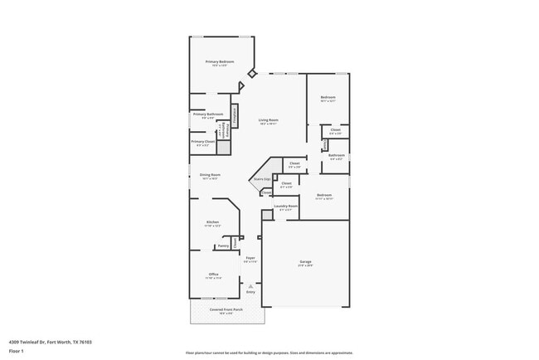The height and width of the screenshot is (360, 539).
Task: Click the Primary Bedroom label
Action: [x=221, y=62]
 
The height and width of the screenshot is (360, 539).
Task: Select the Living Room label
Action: [x=267, y=121]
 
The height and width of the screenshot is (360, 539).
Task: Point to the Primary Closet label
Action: [x=203, y=142]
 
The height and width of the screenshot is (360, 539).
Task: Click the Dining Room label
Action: [x=210, y=175]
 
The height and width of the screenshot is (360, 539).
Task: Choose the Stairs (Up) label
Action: [x=261, y=178]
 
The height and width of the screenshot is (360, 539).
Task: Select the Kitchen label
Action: [x=212, y=222]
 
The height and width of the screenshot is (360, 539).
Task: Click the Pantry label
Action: [x=223, y=246]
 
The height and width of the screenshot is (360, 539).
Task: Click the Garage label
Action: [x=305, y=263]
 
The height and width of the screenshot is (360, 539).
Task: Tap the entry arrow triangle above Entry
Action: [x=250, y=285]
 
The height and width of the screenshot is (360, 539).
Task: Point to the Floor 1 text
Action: [x=17, y=351]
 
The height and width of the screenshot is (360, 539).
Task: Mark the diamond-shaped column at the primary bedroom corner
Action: [x=252, y=74]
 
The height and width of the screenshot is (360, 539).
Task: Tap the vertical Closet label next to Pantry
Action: [x=236, y=244]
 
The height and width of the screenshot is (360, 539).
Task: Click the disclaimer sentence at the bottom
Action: [x=269, y=353]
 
